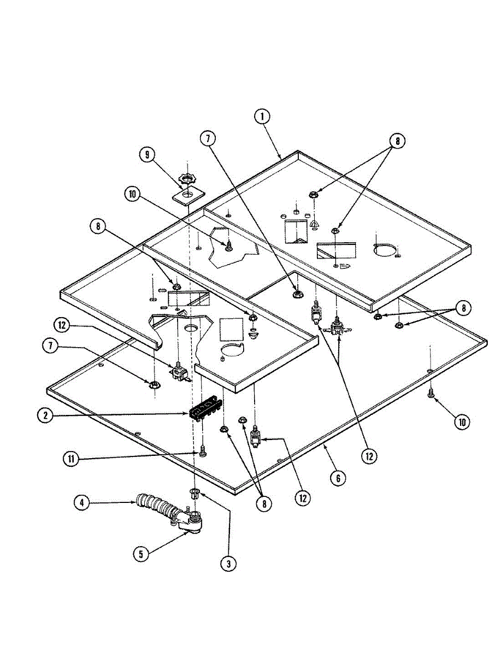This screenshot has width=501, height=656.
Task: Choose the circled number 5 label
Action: click(141, 553)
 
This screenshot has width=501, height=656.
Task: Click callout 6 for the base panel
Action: click(338, 478)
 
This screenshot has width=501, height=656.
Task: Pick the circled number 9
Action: click(147, 155)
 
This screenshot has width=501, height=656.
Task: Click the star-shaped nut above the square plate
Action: click(187, 180)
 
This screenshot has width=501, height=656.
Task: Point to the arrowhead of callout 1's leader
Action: click(281, 159)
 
